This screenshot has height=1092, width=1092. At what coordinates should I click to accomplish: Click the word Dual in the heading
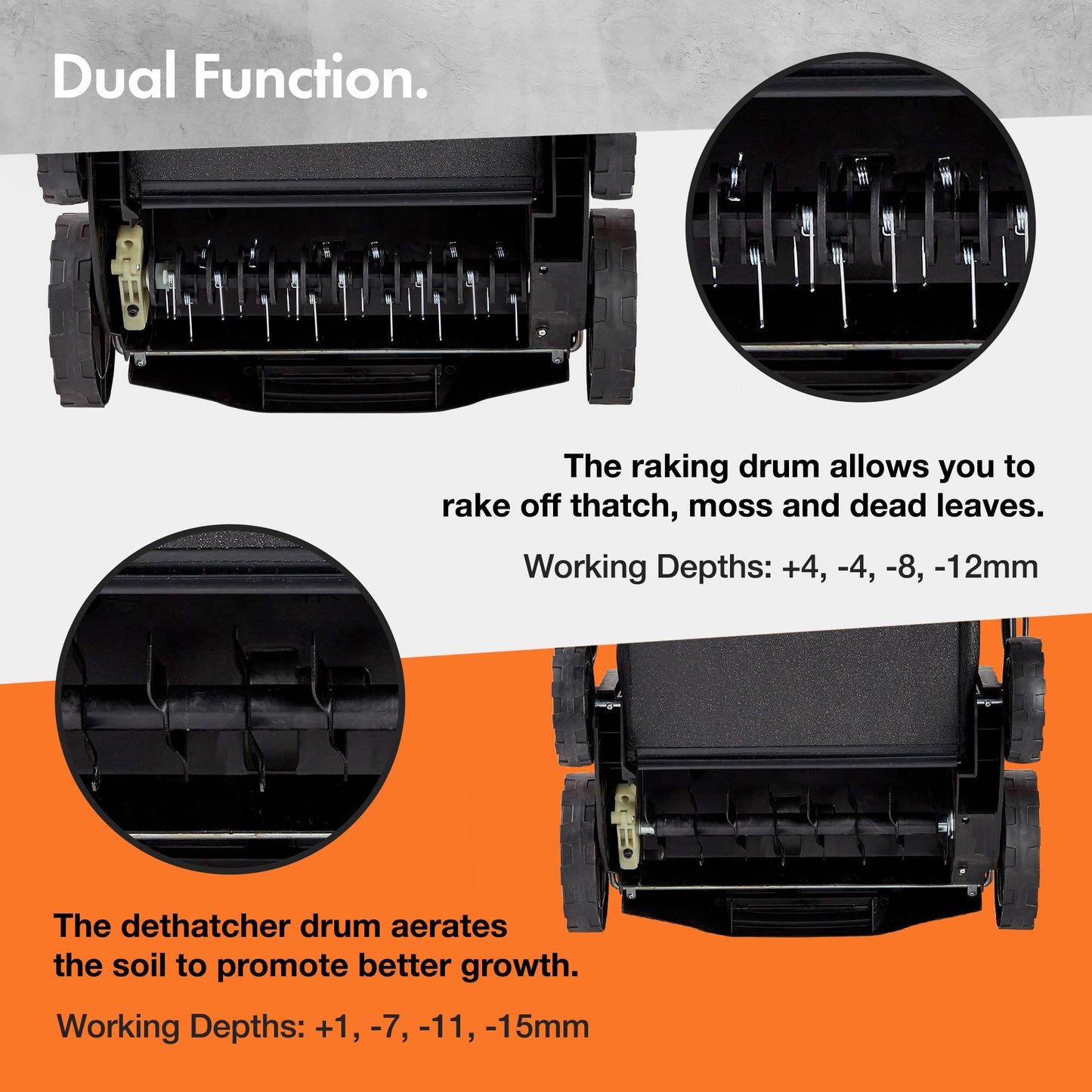tap(114, 77)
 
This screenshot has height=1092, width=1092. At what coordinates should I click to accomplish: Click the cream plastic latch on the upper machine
tap(130, 278)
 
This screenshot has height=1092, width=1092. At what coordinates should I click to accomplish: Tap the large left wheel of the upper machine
tap(79, 310)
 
